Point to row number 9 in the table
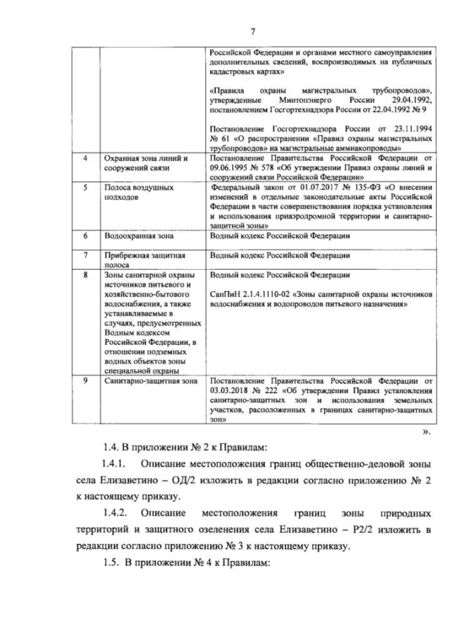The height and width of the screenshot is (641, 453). point(85,381)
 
